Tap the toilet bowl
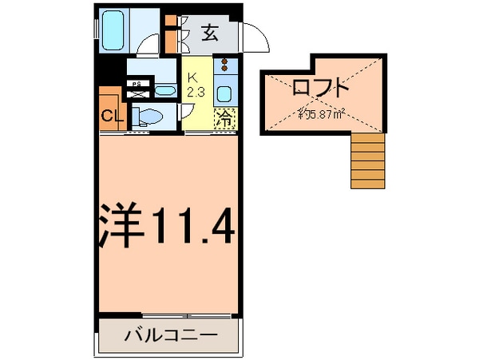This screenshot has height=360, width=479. click(x=149, y=116)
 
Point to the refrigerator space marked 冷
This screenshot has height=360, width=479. click(x=225, y=119)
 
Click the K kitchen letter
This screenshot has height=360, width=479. click(x=192, y=78)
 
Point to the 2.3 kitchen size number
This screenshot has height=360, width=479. click(x=195, y=92)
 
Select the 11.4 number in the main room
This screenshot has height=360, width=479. click(x=192, y=227)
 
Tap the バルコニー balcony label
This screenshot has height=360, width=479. click(x=169, y=335)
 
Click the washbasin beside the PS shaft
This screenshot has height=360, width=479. click(x=164, y=90)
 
